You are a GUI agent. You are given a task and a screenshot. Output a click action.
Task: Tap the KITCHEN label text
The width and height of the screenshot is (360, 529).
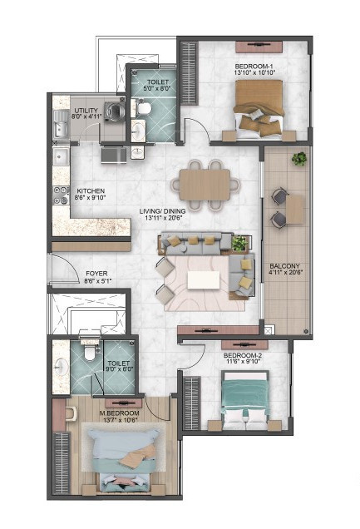91,191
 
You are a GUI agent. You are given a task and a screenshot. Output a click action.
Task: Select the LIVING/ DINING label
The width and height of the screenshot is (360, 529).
162,211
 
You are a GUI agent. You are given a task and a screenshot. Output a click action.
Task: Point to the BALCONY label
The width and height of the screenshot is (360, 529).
284,266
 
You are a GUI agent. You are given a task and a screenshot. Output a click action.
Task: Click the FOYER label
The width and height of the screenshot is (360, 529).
96,274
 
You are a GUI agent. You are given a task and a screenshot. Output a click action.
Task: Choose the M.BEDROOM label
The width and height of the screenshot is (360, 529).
119,413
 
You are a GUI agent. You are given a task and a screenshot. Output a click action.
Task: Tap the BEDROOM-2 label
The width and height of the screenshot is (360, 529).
243,356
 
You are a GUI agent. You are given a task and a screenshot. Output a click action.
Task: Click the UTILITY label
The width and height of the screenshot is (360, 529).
86,111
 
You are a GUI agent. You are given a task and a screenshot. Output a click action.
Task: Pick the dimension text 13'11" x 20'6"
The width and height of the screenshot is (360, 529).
164,218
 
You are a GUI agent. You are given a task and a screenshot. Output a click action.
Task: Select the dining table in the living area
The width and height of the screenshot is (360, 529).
205,185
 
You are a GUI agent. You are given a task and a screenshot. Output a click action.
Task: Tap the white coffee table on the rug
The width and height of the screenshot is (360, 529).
203,279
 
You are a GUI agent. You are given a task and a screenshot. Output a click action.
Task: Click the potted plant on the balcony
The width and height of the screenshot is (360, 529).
299,158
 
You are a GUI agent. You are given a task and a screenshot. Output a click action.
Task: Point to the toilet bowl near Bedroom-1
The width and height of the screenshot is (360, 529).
143,107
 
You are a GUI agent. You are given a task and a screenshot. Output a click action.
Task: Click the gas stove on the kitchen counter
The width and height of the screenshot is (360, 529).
61,195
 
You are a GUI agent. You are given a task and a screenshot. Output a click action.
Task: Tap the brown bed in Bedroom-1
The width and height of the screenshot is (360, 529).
259,109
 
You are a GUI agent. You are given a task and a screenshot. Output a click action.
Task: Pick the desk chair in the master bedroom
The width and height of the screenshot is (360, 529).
71,414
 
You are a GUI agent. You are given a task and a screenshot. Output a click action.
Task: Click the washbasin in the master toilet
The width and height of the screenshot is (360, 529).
61,365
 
